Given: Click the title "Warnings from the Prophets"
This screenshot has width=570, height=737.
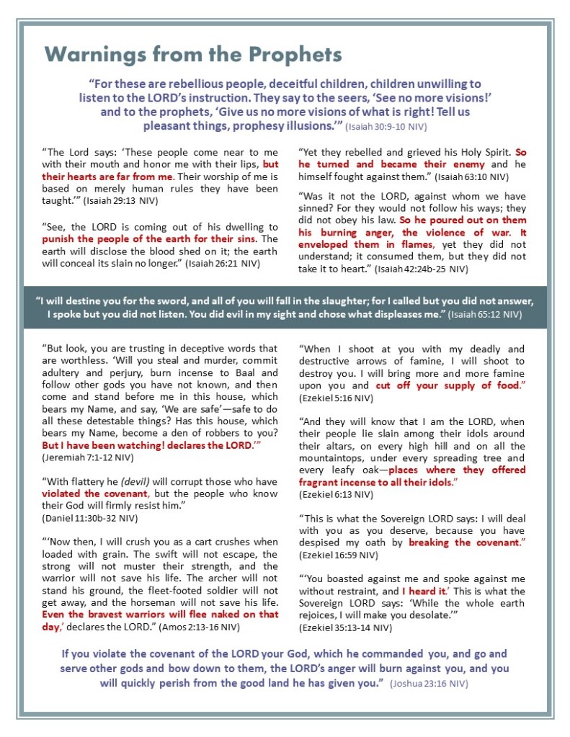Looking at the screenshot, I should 193,54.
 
